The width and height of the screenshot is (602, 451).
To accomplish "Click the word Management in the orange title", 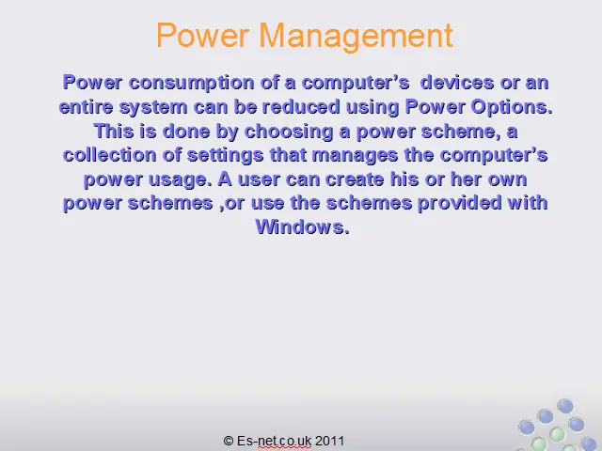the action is (356, 37).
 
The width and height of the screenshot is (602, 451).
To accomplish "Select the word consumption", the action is (191, 84).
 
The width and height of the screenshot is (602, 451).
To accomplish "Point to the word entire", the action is (86, 106).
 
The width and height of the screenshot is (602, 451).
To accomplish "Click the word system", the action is (153, 108).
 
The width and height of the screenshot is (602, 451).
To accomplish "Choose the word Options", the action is (512, 107).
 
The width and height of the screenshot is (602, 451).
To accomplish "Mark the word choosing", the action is (289, 132).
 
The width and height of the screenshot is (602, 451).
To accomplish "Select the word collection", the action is (109, 155).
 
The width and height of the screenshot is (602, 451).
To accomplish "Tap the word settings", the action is (225, 156).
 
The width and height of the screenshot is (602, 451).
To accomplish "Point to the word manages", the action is (355, 156).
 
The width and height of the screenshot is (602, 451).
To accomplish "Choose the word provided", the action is (460, 203).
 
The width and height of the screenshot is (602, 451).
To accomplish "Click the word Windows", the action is (303, 227).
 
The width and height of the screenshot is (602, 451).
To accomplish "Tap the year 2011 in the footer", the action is (329, 441).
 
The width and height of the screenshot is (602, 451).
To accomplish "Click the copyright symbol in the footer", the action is (229, 441).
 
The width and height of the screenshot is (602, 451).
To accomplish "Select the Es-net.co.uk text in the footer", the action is (274, 441).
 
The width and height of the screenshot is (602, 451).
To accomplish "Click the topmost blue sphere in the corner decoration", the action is (565, 406).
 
